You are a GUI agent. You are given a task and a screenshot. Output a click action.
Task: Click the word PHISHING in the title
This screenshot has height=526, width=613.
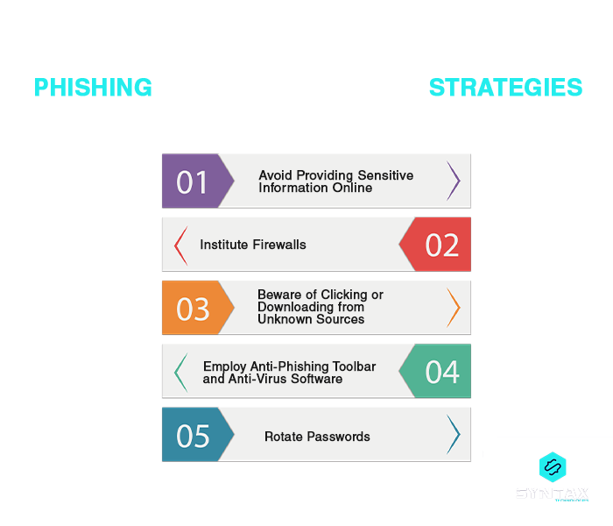click(92, 88)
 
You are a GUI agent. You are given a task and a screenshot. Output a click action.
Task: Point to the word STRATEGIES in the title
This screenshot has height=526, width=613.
click(505, 88)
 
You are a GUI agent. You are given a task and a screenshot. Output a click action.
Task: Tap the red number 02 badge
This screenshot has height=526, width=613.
click(440, 245)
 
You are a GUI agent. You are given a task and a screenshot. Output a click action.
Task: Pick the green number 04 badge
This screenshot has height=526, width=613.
click(440, 372)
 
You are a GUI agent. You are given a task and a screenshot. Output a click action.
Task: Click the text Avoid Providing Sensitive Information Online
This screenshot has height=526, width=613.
click(335, 181)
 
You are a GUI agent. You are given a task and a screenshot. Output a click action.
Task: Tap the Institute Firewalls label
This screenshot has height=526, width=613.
click(253, 245)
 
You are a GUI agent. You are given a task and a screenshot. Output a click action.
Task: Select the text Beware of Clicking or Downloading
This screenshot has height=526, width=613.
click(321, 307)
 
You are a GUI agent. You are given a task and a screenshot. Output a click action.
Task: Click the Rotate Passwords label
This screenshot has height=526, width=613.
click(317, 437)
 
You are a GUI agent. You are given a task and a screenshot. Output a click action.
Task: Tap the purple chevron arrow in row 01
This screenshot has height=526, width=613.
click(454, 181)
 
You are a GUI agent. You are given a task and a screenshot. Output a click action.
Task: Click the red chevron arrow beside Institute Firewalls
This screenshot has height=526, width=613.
click(180, 245)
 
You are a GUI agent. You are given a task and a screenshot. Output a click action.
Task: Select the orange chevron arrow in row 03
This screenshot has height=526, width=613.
click(454, 308)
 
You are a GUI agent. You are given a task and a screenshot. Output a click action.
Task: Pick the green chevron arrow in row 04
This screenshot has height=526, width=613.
click(180, 372)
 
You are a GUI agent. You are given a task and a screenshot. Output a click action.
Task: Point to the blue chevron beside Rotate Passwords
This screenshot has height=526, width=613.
click(454, 435)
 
